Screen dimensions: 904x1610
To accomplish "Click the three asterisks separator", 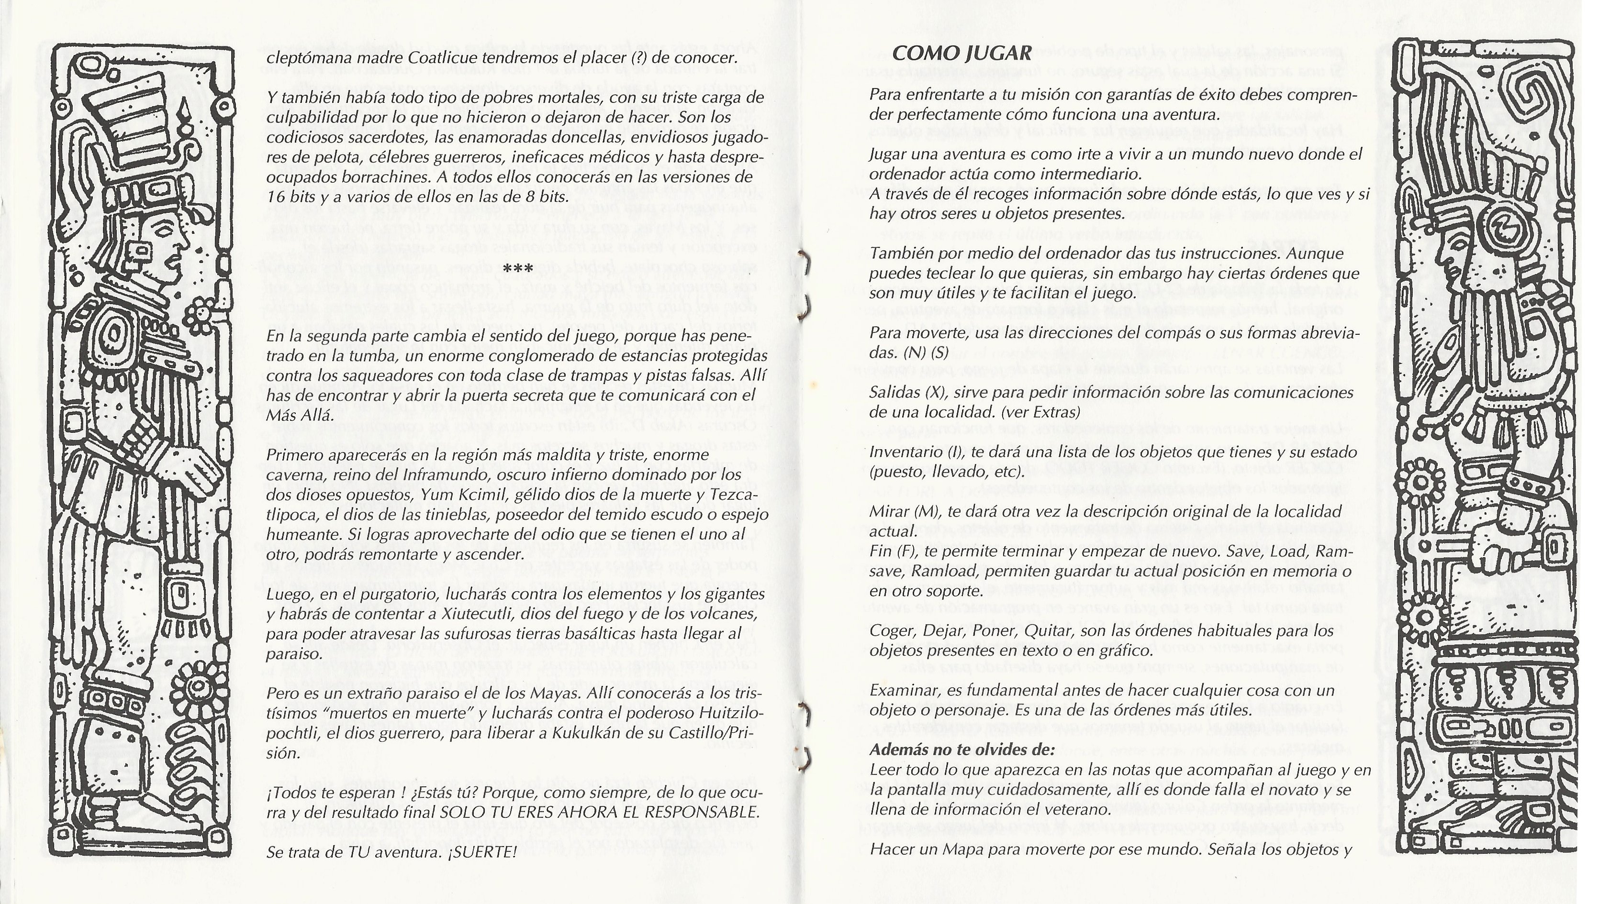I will [517, 269].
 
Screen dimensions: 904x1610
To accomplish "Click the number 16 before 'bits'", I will [276, 197].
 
